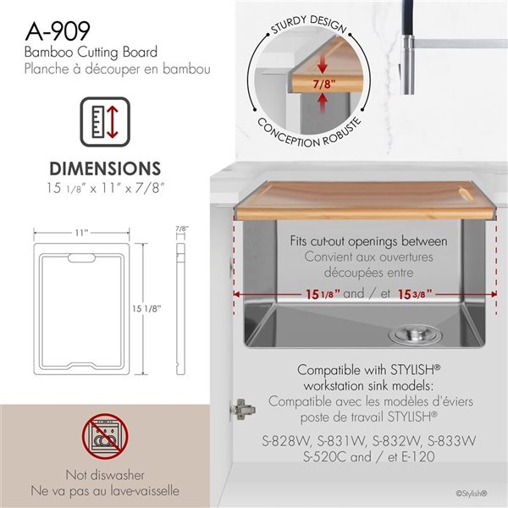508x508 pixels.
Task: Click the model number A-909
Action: (x=58, y=31)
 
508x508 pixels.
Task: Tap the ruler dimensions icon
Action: (x=105, y=122)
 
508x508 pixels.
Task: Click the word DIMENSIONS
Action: (x=105, y=168)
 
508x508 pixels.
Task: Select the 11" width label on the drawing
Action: (x=81, y=233)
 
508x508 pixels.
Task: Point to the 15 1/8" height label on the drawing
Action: (x=146, y=308)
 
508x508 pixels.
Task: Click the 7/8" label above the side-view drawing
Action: (x=182, y=229)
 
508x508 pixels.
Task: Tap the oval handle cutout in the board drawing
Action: (x=81, y=258)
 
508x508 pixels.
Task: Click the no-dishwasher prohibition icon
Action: (x=105, y=436)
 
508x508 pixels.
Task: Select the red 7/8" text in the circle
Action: (x=324, y=84)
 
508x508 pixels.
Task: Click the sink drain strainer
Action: (x=415, y=335)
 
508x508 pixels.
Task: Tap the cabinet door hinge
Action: (x=241, y=409)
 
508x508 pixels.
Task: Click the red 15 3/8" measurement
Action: (x=415, y=294)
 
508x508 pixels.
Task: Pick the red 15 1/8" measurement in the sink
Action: (x=323, y=294)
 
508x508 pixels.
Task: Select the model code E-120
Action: (x=418, y=457)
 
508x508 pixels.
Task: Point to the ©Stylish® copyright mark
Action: (x=472, y=494)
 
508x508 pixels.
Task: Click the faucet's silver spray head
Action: (x=408, y=65)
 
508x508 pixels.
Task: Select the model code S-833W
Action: (x=451, y=441)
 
